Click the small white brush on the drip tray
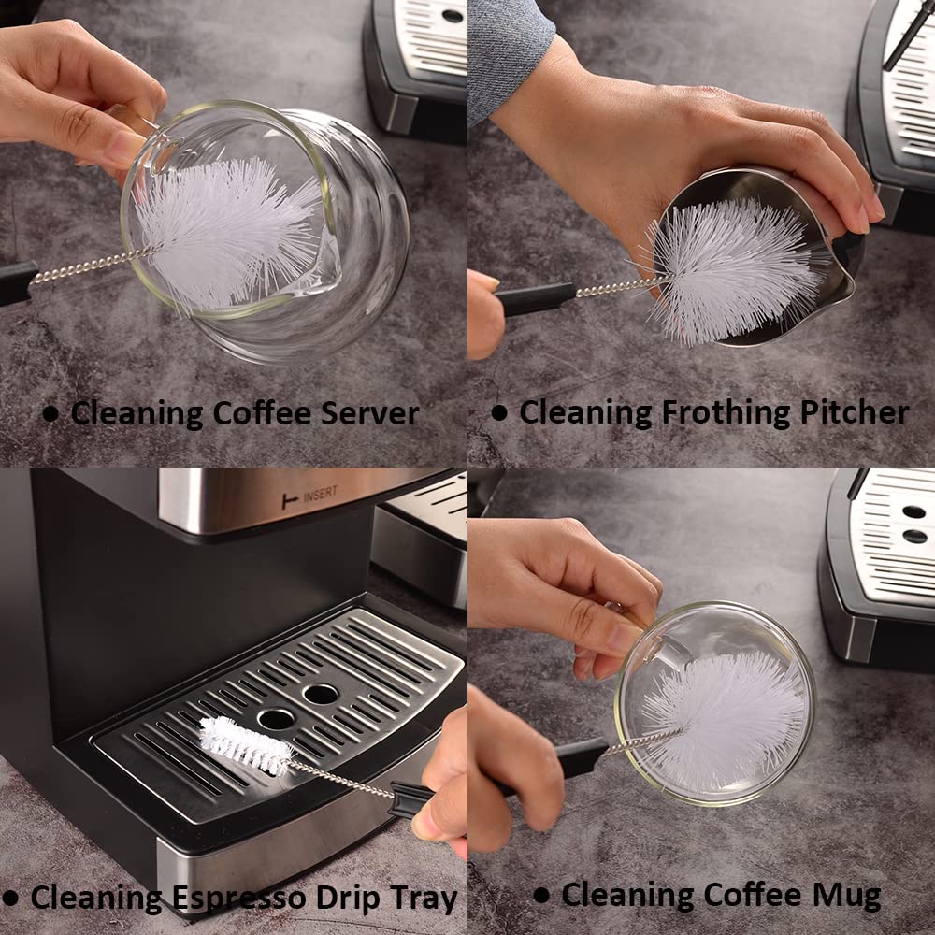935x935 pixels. pos(244,744)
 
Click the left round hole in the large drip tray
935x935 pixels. pos(276,719)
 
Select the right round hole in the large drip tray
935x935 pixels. pos(321,694)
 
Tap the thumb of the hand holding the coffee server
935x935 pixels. pos(112,140)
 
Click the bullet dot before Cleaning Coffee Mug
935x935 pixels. pos(541,896)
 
